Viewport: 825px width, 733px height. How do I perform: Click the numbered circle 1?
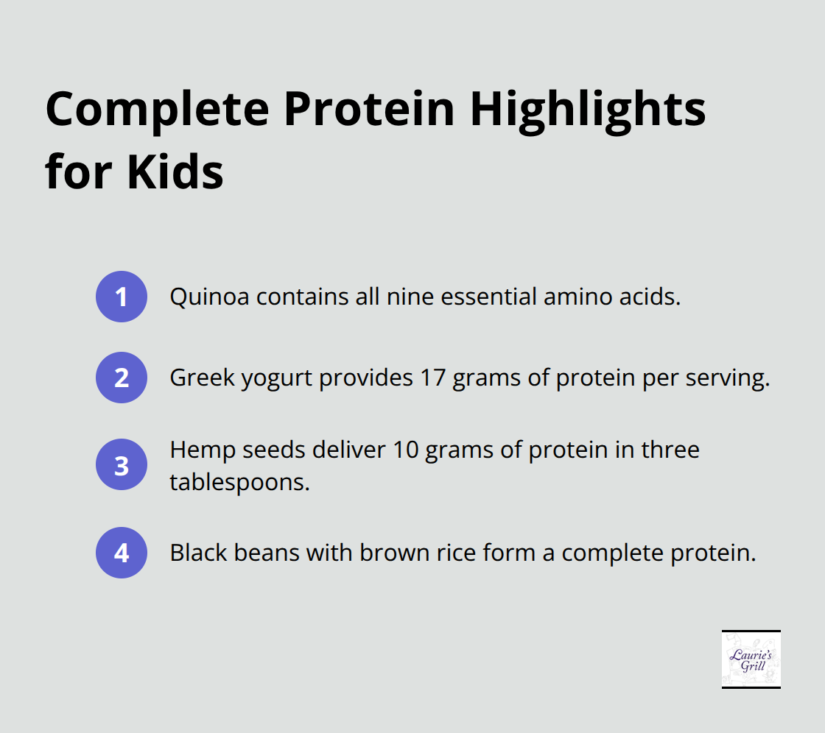122,297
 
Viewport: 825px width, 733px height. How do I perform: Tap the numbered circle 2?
122,378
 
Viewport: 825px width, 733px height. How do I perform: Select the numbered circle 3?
122,464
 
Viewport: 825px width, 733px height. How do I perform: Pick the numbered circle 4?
122,552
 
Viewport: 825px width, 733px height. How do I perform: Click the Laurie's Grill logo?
751,659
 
